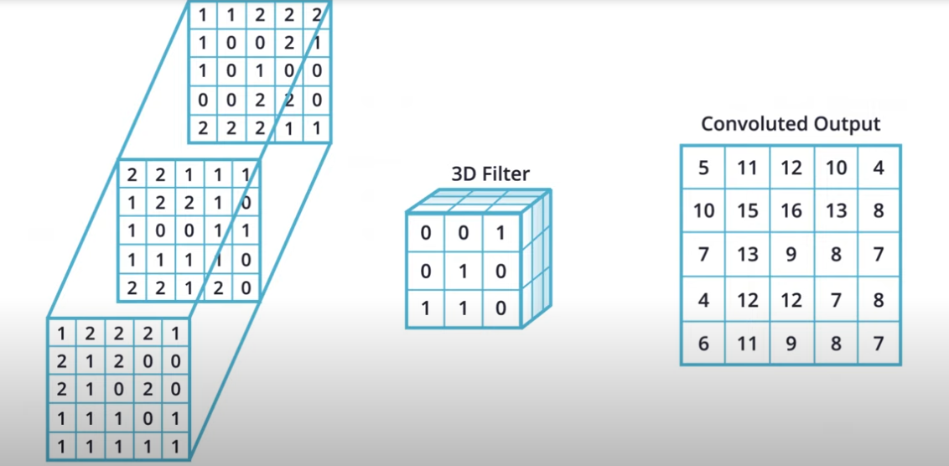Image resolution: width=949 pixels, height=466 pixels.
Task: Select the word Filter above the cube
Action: (506, 175)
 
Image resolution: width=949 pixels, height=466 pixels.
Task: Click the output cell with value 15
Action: (748, 210)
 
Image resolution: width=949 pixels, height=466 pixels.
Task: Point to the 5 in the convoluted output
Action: (703, 168)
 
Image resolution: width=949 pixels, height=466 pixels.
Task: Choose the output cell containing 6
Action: (703, 344)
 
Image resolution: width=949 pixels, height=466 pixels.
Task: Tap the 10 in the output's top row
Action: (836, 168)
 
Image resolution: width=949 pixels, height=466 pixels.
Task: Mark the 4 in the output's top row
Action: (879, 168)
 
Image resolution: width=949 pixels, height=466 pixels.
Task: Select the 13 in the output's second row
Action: (836, 210)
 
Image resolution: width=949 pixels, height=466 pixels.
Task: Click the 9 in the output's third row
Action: (791, 255)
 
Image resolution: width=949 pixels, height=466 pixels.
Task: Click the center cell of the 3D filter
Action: (464, 271)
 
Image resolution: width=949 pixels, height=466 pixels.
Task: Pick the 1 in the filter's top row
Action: (500, 232)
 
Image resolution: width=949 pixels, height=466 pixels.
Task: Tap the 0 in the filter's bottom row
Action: (500, 308)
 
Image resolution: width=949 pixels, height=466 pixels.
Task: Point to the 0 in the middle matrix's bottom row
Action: (245, 287)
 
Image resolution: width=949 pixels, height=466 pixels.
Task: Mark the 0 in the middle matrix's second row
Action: (245, 204)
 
